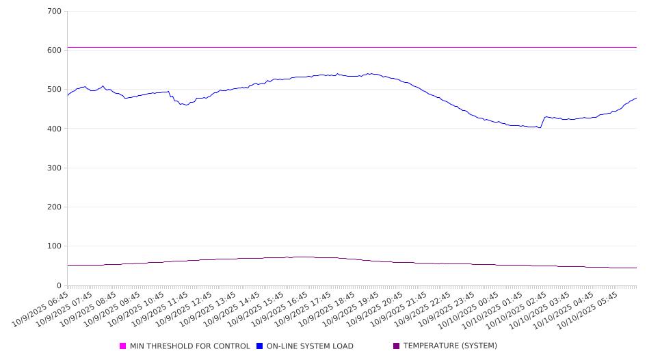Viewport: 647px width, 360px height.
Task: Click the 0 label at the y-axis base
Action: click(59, 285)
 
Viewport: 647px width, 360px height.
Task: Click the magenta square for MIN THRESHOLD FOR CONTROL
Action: click(123, 346)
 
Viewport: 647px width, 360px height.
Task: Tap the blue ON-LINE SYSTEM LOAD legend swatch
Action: click(260, 346)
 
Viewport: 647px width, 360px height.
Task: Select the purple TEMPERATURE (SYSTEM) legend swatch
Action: click(396, 346)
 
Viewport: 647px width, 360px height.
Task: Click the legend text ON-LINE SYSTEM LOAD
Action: click(310, 346)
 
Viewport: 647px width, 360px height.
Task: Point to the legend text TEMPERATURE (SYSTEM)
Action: click(450, 346)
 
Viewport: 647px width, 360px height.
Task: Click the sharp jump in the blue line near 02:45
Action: click(543, 122)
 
